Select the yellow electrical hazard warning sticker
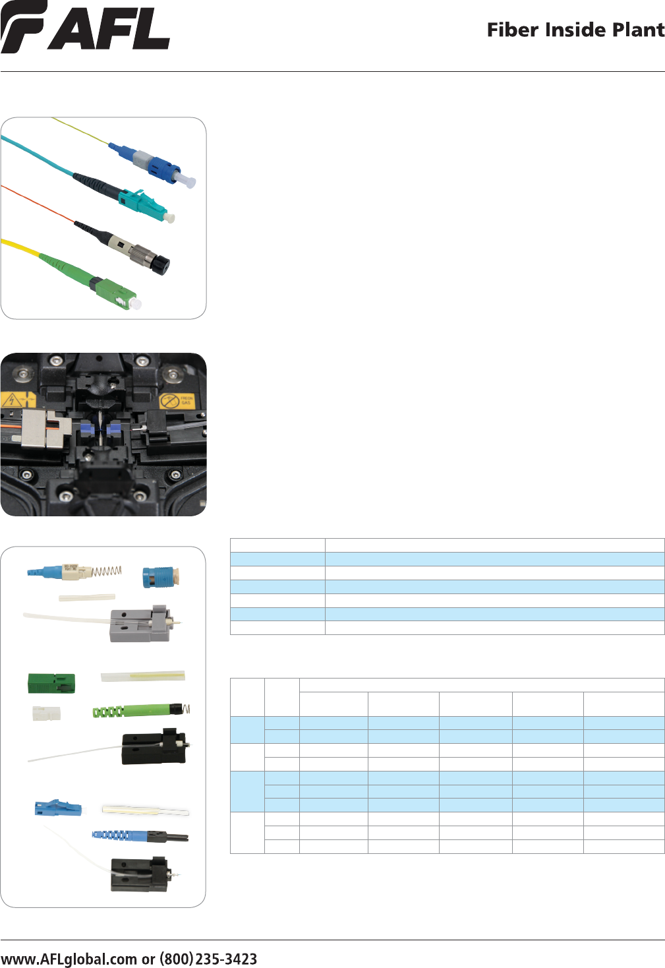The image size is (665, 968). [x=18, y=400]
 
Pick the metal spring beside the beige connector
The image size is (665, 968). [x=107, y=571]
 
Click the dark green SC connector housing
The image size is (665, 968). [x=51, y=683]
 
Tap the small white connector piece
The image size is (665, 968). [x=46, y=713]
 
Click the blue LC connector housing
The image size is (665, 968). [x=58, y=808]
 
